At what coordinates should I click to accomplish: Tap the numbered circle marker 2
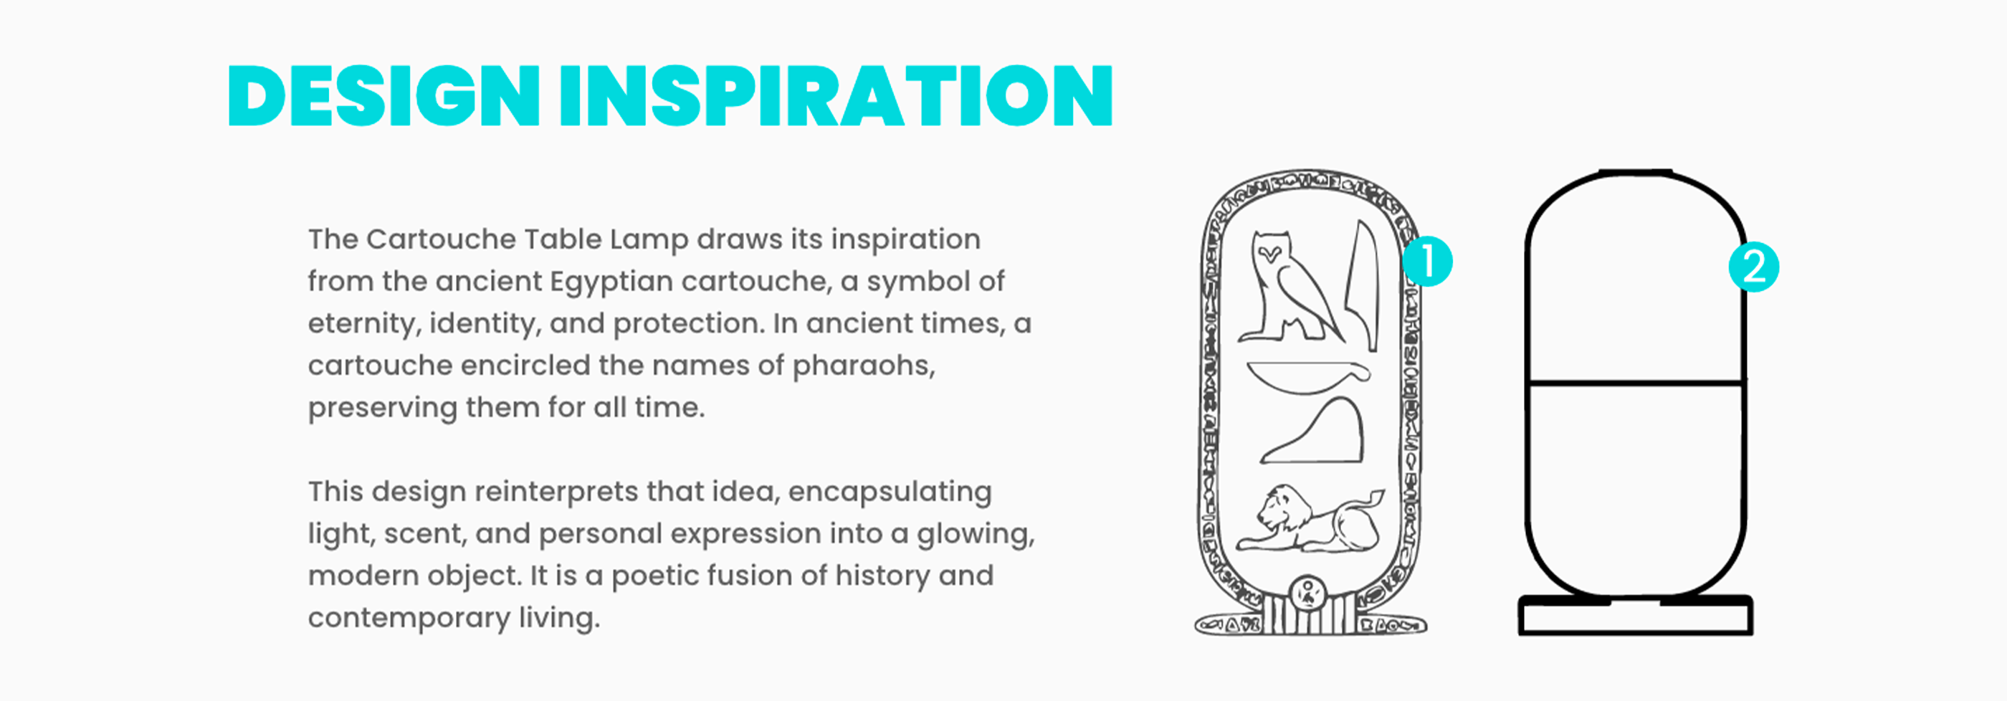tap(1754, 267)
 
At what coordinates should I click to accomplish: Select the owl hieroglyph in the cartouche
tap(1289, 287)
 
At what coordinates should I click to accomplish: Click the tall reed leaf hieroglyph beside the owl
tap(1363, 285)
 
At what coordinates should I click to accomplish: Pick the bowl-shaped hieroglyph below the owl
tap(1308, 376)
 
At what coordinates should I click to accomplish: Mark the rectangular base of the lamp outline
tap(1636, 615)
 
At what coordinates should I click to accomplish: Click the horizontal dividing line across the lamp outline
tap(1636, 383)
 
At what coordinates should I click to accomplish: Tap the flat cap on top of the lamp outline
tap(1636, 172)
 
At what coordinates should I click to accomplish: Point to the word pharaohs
tap(863, 366)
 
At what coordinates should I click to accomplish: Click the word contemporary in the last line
tap(409, 619)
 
